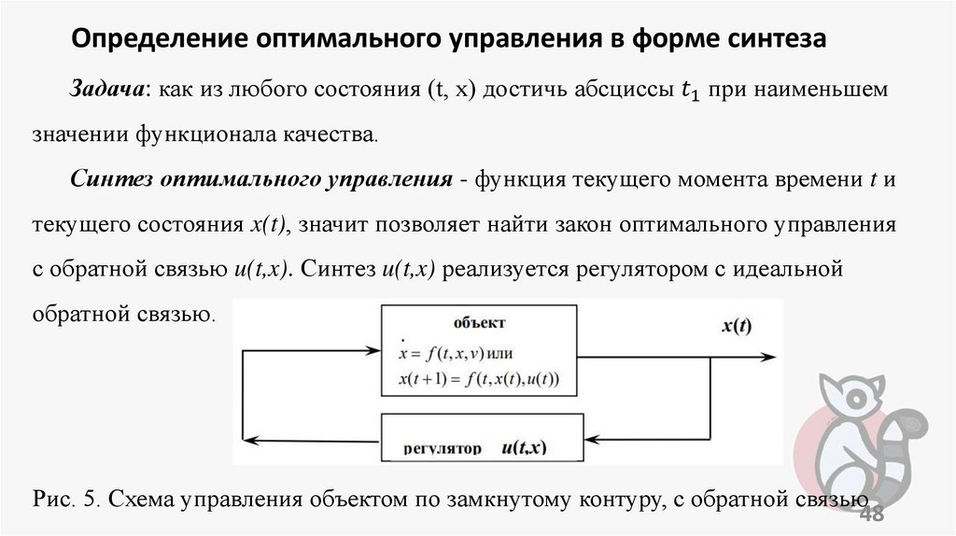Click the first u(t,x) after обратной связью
pyautogui.click(x=256, y=270)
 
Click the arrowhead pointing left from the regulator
pyautogui.click(x=262, y=439)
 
